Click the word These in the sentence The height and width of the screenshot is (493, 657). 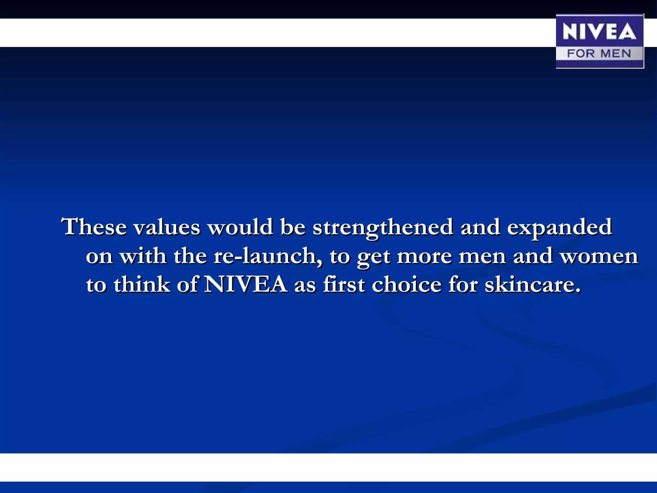pos(94,227)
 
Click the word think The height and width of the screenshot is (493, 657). pos(142,284)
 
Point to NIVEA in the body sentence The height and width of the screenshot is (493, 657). pos(245,284)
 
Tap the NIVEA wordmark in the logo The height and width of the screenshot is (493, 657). pos(599,32)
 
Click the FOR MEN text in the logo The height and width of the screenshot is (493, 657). pos(599,53)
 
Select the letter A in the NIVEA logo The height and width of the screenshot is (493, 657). pos(628,32)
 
